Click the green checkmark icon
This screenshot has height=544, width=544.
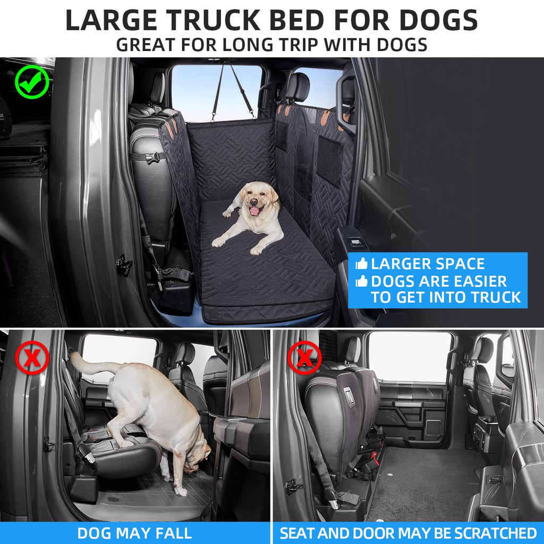pyautogui.click(x=32, y=82)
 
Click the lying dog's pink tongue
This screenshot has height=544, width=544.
pyautogui.click(x=255, y=211)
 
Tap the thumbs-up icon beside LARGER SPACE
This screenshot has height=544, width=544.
pyautogui.click(x=361, y=264)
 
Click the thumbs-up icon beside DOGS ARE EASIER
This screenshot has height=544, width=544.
pyautogui.click(x=361, y=282)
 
